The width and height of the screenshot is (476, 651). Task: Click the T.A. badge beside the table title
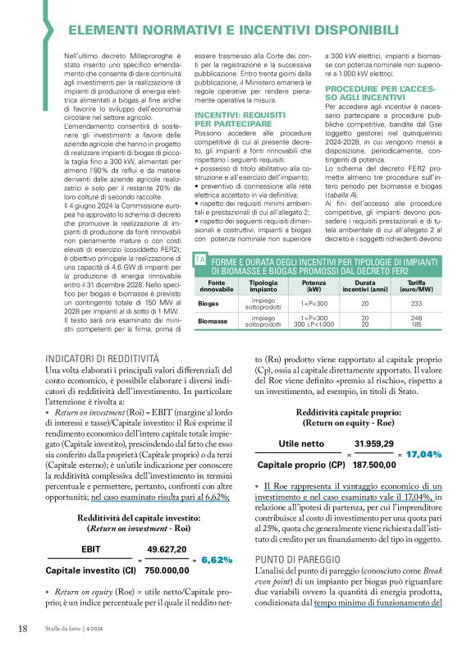coord(199,259)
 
